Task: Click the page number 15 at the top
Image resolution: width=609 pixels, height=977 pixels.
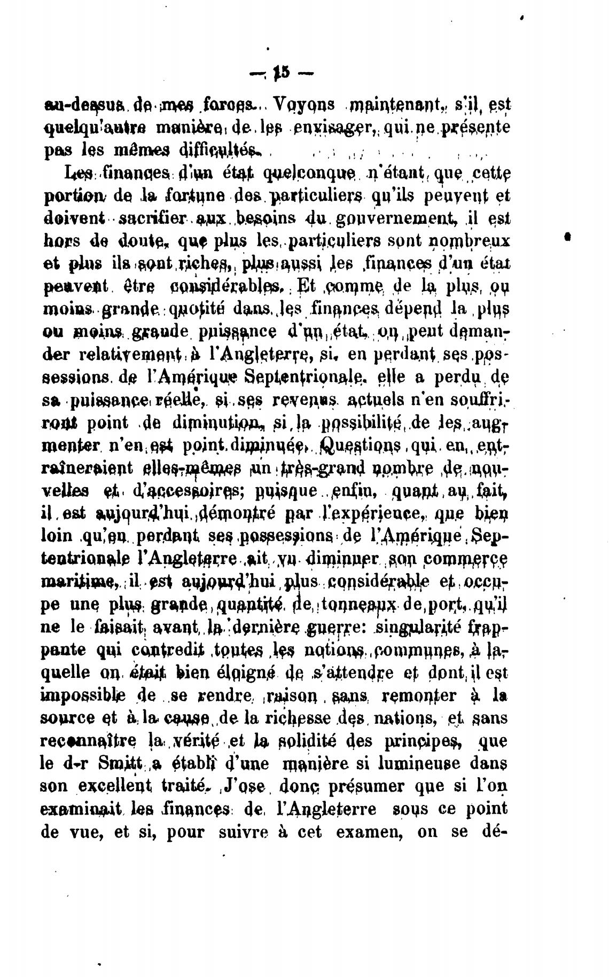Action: [282, 73]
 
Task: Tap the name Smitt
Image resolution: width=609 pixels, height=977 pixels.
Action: [118, 764]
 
